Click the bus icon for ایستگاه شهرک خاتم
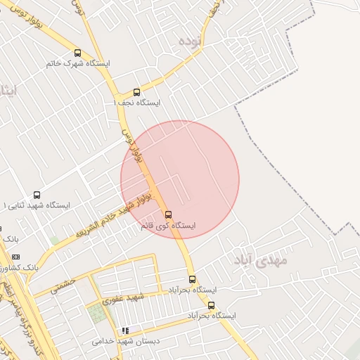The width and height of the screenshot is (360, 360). (x=77, y=53)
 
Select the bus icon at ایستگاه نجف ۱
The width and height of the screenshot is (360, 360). (x=136, y=92)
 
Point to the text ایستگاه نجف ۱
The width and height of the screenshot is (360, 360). (x=136, y=103)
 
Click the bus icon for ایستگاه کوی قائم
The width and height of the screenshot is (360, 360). (x=168, y=214)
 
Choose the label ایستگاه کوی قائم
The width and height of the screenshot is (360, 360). (x=168, y=226)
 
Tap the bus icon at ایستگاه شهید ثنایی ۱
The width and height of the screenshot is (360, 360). (x=37, y=195)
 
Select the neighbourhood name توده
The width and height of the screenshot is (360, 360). (x=191, y=41)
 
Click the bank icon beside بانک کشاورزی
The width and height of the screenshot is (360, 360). (x=16, y=257)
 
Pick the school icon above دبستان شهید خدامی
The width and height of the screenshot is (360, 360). (x=125, y=330)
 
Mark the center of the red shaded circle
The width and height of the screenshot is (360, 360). (x=180, y=179)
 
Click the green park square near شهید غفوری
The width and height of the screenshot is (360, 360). (x=98, y=314)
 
